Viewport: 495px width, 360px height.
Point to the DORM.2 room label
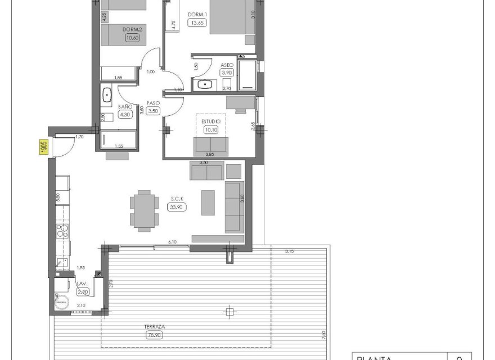pos(132,30)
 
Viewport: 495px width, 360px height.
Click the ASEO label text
pos(227,65)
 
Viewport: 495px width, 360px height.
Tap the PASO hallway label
pos(152,103)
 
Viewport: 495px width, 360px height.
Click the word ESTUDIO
pos(211,120)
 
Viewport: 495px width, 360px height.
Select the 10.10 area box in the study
pos(211,129)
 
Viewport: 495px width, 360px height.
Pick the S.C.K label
pos(177,199)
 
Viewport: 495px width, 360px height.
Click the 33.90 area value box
pos(177,207)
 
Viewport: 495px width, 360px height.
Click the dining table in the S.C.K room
pos(144,210)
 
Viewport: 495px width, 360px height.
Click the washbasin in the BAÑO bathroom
pos(107,94)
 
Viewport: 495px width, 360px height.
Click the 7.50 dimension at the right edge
pos(323,334)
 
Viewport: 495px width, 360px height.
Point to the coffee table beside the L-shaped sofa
pos(208,202)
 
